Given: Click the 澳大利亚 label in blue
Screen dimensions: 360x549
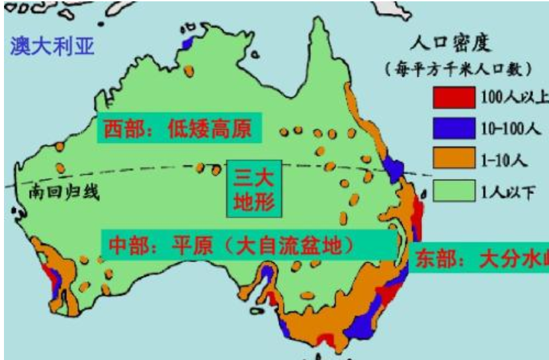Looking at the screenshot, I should [52, 46].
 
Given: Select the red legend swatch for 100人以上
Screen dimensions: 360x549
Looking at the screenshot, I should [454, 97].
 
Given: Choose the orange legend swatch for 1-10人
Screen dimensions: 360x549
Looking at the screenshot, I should [454, 159].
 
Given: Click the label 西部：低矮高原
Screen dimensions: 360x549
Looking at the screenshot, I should [178, 128].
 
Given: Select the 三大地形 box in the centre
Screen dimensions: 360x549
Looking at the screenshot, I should [255, 188].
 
